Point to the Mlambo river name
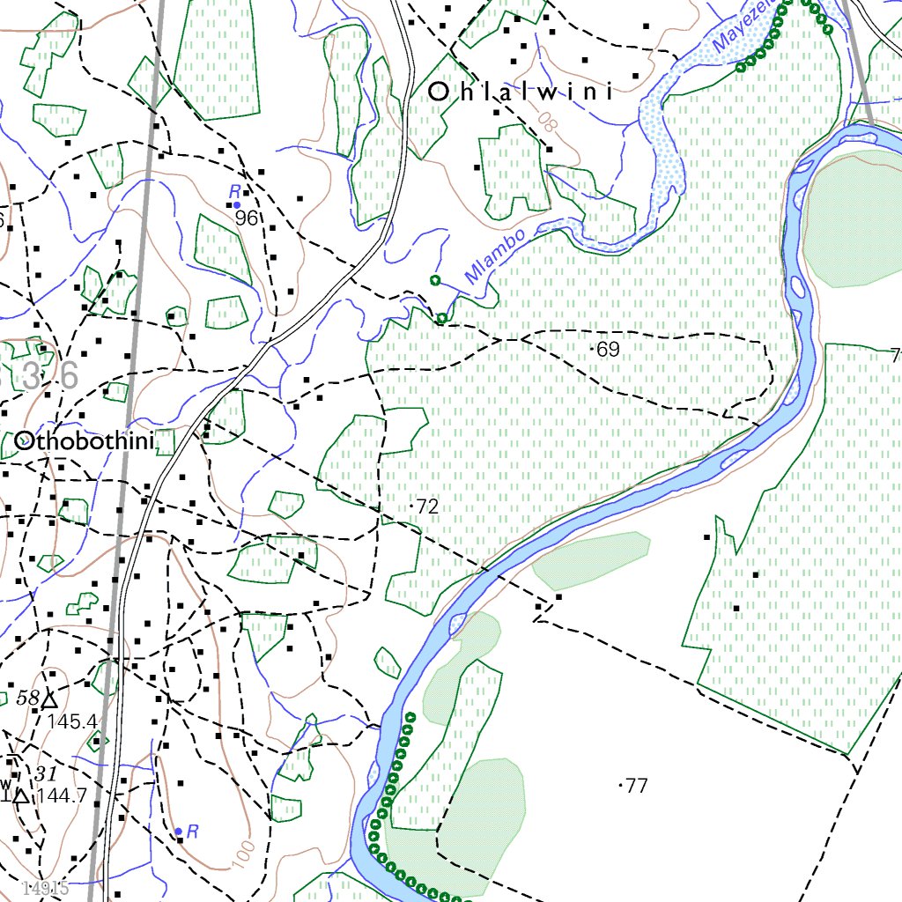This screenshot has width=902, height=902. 496,255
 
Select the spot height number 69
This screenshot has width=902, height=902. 608,350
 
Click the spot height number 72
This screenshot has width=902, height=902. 427,506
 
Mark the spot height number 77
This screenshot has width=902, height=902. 636,786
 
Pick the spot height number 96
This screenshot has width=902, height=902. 247,218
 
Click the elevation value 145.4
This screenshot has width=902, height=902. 72,722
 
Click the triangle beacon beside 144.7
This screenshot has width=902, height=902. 20,796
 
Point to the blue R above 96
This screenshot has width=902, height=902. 234,191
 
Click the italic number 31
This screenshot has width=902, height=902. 46,774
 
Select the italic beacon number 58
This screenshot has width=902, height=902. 28,699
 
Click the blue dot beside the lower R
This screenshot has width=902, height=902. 178,831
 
